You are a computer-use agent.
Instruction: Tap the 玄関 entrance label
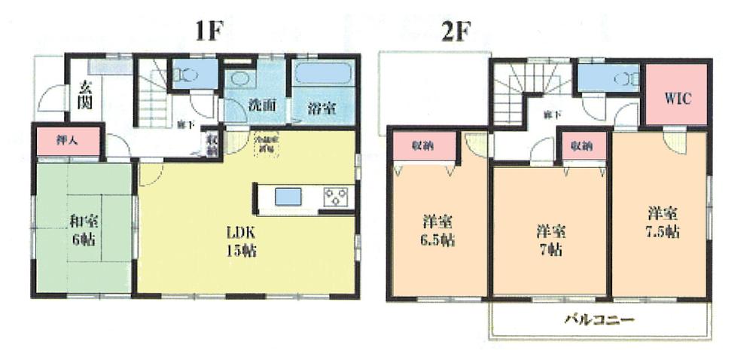[84, 96]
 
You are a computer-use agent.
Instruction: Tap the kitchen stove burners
[335, 197]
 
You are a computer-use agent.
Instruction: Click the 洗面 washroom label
[260, 106]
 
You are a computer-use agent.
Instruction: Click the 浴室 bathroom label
[322, 108]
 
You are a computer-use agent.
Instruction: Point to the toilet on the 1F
[186, 75]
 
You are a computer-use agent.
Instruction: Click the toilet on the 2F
[624, 78]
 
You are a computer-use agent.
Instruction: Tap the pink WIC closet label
[677, 98]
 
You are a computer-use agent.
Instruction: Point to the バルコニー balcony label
[599, 319]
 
